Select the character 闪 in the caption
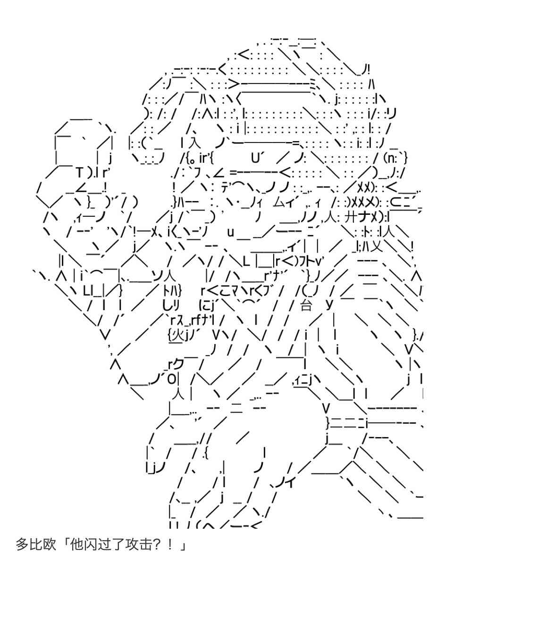point(89,545)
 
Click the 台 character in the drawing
point(306,305)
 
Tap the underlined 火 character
point(176,335)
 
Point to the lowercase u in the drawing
point(230,232)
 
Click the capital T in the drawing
point(79,173)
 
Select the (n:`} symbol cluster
point(395,158)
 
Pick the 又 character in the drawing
point(377,246)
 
